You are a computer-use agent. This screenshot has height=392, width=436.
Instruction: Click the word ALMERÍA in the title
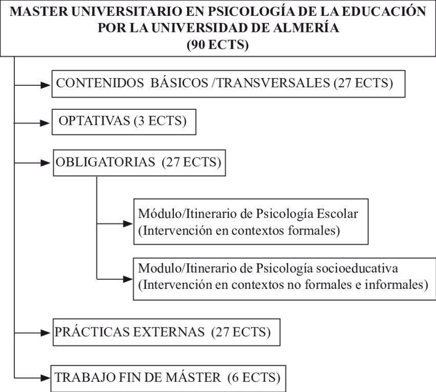(x=306, y=27)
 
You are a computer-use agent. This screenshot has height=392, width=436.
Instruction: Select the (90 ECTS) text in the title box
(x=217, y=45)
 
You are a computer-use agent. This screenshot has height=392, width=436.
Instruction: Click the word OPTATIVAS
(x=94, y=121)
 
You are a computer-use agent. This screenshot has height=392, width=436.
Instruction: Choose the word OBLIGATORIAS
(x=105, y=162)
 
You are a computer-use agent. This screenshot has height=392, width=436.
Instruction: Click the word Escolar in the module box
(x=338, y=213)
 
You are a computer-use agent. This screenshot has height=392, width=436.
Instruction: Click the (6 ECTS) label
(x=254, y=378)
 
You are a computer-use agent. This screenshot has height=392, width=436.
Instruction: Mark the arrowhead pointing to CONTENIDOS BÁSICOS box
(x=46, y=85)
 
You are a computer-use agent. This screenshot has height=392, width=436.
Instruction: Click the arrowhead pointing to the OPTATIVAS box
(x=45, y=123)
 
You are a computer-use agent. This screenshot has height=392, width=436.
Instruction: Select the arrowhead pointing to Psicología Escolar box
(x=128, y=224)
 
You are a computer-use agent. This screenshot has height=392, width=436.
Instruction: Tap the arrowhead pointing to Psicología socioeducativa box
(x=128, y=279)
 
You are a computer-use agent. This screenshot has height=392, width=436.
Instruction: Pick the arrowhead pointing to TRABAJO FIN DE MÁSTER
(x=45, y=378)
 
